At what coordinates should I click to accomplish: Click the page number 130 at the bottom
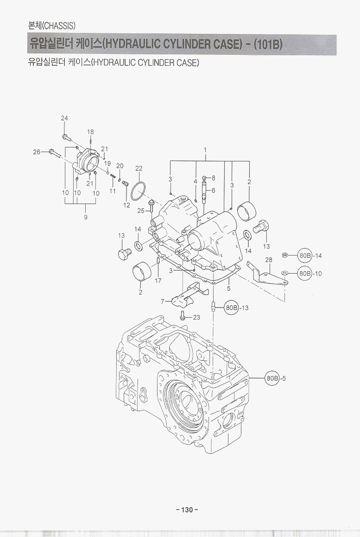[x=187, y=510]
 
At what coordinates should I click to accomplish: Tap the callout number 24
[x=64, y=118]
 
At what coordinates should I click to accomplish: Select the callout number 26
[x=37, y=151]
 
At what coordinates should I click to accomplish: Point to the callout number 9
[x=86, y=217]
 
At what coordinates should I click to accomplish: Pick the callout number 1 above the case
[x=205, y=150]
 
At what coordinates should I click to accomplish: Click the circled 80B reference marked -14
[x=304, y=255]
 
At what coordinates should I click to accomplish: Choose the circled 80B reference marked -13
[x=232, y=307]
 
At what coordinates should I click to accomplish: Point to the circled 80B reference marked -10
[x=304, y=274]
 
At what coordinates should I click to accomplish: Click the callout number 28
[x=268, y=260]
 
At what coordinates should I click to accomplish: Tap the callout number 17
[x=158, y=281]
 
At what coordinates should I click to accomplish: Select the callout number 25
[x=141, y=211]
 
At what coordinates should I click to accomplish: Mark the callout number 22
[x=139, y=168]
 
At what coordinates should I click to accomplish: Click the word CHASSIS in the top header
[x=59, y=25]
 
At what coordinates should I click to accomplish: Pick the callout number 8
[x=213, y=178]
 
